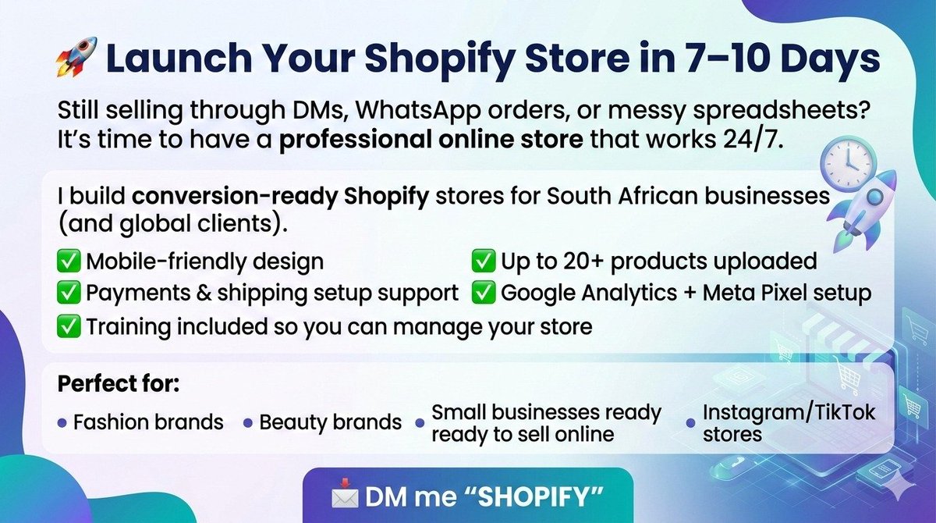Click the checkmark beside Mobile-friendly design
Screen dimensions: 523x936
(x=69, y=261)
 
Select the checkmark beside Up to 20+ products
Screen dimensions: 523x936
(x=484, y=261)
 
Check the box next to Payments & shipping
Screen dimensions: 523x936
(x=69, y=294)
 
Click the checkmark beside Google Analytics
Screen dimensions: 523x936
(x=484, y=294)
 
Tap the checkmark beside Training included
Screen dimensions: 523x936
(x=69, y=326)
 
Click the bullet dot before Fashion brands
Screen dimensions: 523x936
(x=62, y=423)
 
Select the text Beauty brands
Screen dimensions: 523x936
(x=331, y=422)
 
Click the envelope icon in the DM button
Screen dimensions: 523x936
(x=343, y=496)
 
